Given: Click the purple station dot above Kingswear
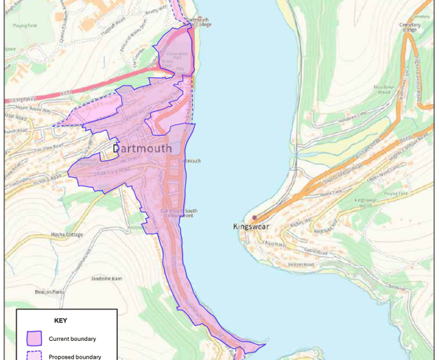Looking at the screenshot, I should point(254,217).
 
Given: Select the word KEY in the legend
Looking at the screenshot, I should point(61,320).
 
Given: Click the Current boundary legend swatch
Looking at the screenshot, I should point(34,338).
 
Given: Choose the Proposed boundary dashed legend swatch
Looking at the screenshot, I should point(34,355).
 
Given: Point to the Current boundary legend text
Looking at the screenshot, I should point(72,339).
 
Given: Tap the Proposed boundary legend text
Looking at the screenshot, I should point(75,357).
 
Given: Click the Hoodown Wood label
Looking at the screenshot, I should point(384,91).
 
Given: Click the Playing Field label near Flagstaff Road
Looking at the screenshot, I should point(25,25).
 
